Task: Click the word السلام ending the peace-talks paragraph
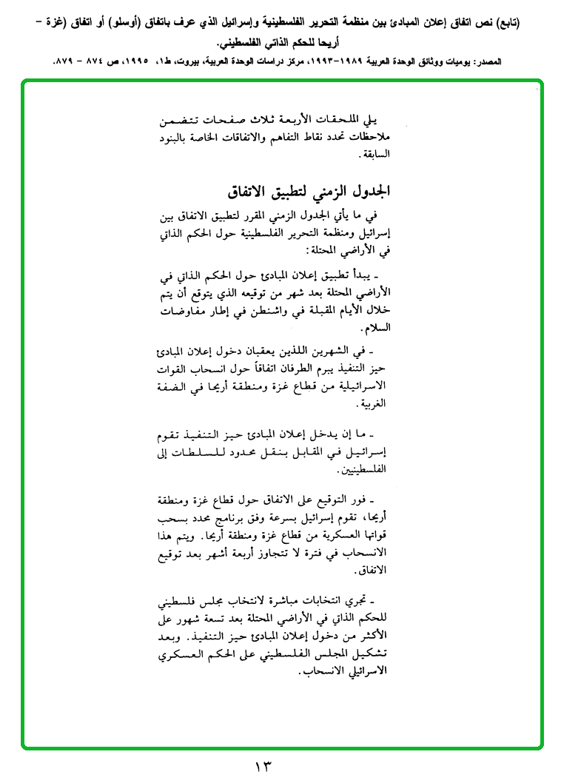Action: [x=374, y=327]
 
